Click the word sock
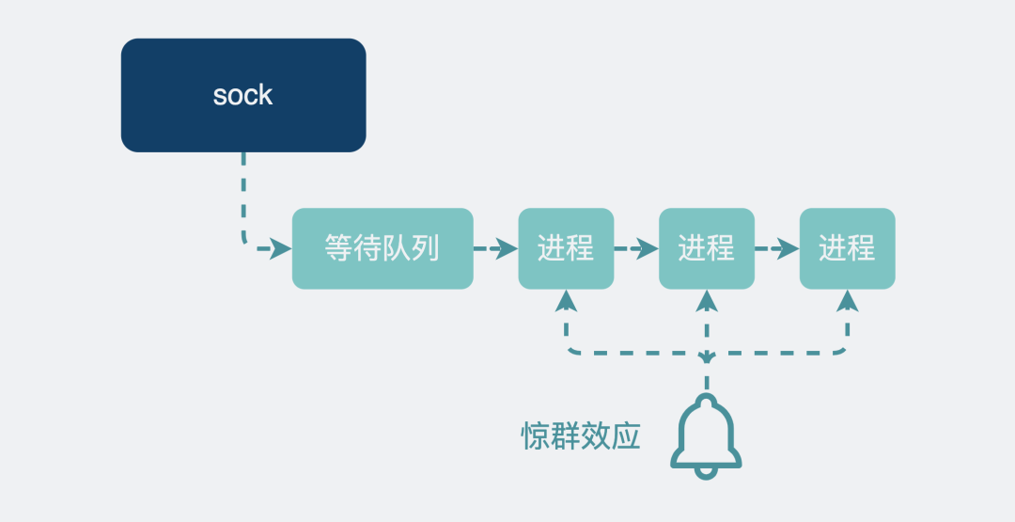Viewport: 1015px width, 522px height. [242, 95]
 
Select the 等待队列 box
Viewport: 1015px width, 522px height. [382, 248]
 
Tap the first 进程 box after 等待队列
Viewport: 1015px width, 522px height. [566, 248]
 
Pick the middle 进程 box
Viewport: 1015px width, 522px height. [707, 248]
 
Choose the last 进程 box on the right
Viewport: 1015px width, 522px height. [847, 248]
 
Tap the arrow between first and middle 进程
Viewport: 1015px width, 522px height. [636, 249]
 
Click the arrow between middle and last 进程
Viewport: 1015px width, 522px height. [777, 249]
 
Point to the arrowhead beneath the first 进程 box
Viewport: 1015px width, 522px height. [566, 299]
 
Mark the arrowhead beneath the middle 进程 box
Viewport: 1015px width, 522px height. [707, 299]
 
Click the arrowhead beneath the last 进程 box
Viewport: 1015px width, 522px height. [847, 299]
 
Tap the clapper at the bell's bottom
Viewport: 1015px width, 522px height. [706, 472]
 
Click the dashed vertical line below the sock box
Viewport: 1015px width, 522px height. [243, 193]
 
